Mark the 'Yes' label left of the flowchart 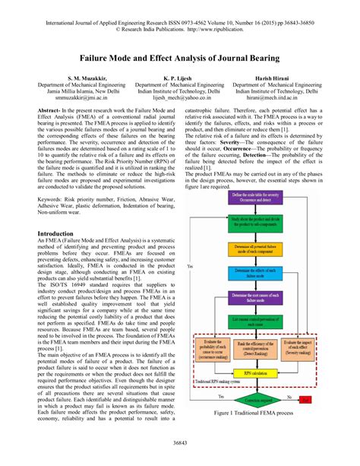(x=188, y=268)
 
